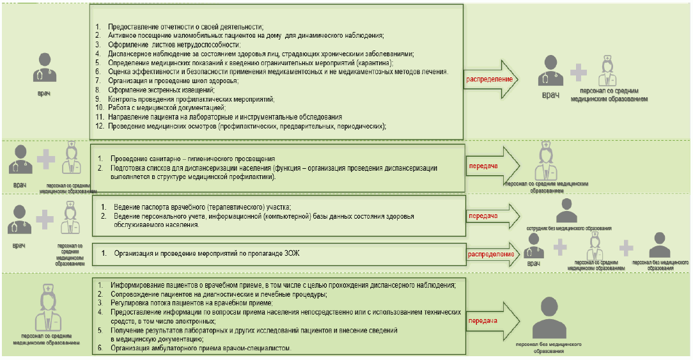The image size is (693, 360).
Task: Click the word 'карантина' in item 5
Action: click(x=372, y=63)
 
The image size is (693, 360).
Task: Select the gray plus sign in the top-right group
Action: click(x=578, y=71)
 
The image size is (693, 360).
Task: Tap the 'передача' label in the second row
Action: click(x=483, y=164)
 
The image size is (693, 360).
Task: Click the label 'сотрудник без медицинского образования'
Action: click(x=565, y=228)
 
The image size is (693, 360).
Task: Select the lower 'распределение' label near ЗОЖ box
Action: click(x=491, y=254)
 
